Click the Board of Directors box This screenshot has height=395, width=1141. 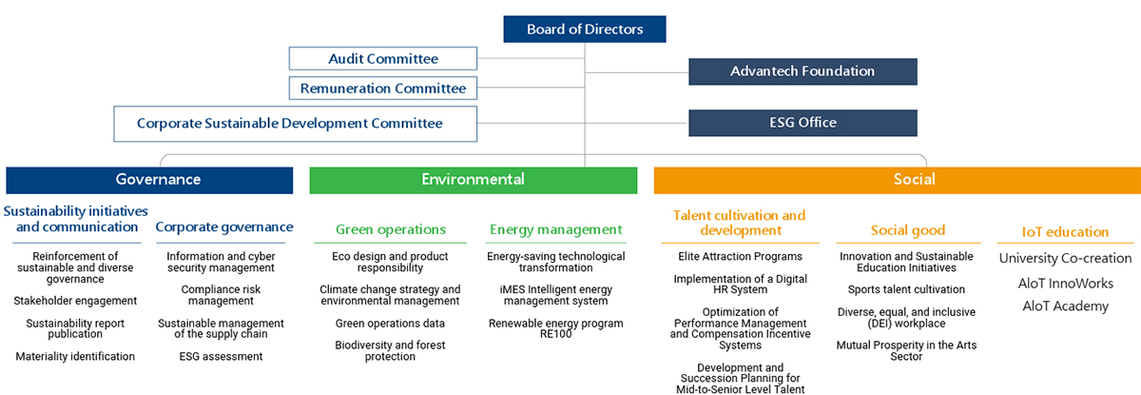584,30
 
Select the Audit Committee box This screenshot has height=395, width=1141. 383,59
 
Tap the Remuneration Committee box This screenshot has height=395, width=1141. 383,89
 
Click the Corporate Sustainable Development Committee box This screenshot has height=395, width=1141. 296,124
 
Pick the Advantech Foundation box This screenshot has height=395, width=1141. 803,71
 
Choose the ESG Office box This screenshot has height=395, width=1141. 803,123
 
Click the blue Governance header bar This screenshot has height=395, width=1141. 149,181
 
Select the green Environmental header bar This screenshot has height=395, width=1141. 474,181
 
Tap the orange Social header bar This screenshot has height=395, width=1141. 898,181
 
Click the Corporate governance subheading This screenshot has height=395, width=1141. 224,227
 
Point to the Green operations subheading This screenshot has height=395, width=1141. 391,229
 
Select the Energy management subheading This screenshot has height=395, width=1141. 555,229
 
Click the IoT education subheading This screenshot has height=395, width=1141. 1065,232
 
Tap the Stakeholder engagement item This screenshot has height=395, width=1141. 75,301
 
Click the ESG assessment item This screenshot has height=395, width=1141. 221,356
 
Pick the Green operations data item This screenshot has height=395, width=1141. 390,323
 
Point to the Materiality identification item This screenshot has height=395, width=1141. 75,356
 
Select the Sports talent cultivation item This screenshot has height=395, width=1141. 906,289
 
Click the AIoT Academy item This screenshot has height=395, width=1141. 1066,306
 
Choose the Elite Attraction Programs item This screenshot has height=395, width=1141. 740,256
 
